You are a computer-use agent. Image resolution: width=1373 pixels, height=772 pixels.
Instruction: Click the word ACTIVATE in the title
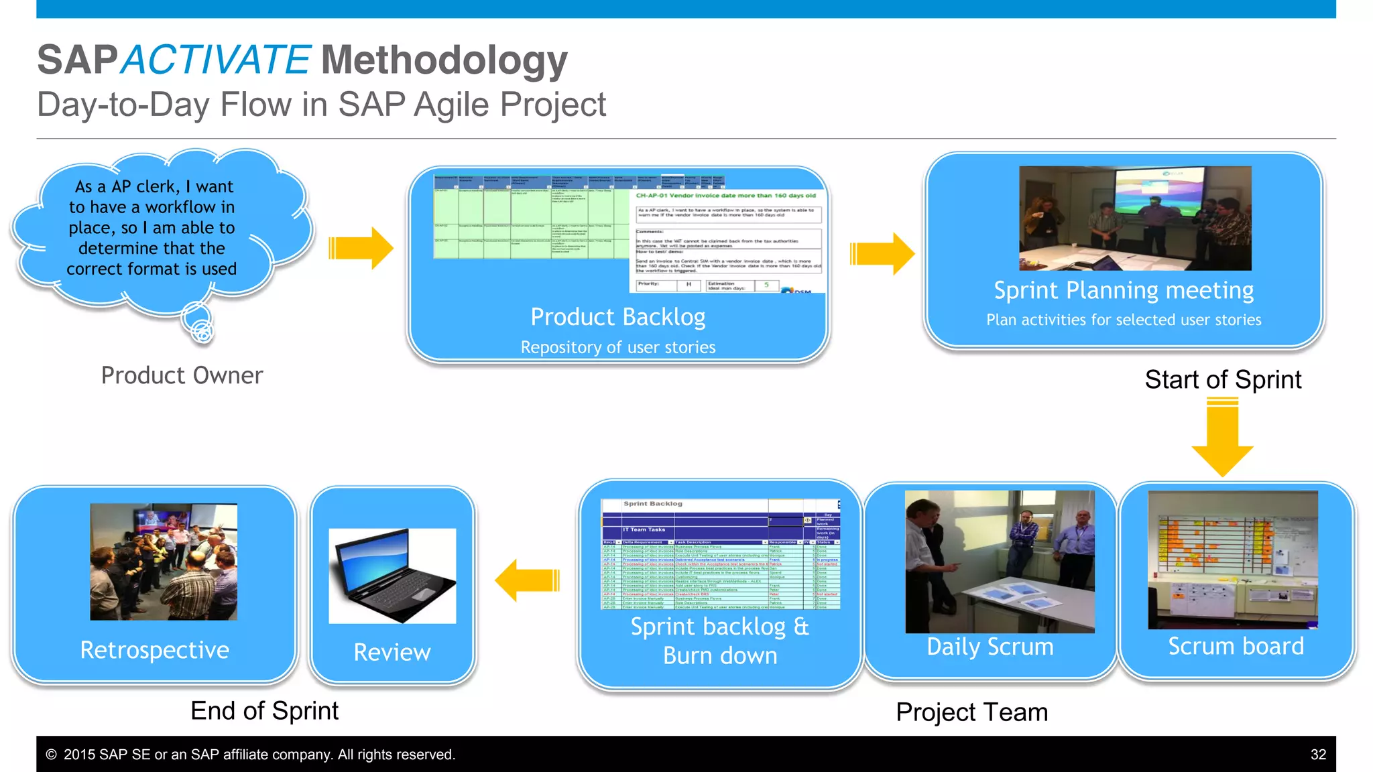click(x=216, y=60)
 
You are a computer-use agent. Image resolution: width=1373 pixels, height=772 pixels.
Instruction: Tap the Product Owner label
click(x=182, y=375)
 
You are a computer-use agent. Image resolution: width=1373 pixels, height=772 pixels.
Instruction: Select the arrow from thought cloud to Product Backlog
click(x=361, y=249)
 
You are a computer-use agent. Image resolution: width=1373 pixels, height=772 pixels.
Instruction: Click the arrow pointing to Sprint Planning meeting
click(x=882, y=254)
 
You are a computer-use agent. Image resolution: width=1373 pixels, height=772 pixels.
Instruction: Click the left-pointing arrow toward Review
click(x=528, y=580)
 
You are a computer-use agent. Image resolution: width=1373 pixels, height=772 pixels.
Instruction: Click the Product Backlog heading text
click(x=617, y=317)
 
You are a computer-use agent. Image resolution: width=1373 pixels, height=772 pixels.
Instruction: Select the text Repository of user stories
click(x=617, y=347)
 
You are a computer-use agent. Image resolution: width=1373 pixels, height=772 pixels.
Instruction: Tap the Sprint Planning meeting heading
click(x=1124, y=290)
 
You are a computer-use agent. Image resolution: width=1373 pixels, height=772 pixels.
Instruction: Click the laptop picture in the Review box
click(x=392, y=576)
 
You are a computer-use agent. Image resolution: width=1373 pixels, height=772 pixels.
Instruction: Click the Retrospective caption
click(x=155, y=650)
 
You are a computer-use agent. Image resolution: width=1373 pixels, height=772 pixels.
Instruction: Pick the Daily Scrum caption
click(x=990, y=647)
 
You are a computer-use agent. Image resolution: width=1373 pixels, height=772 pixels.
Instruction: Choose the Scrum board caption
click(x=1236, y=646)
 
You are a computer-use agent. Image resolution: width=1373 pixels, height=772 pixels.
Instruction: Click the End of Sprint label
click(x=264, y=710)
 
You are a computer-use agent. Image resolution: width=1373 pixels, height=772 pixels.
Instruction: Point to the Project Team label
click(x=971, y=712)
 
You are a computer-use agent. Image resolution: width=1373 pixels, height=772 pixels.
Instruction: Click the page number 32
click(x=1318, y=755)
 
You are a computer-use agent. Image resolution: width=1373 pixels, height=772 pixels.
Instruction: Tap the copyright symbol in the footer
click(x=51, y=755)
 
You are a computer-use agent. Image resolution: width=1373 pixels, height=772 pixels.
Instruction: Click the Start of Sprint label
click(x=1223, y=379)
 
